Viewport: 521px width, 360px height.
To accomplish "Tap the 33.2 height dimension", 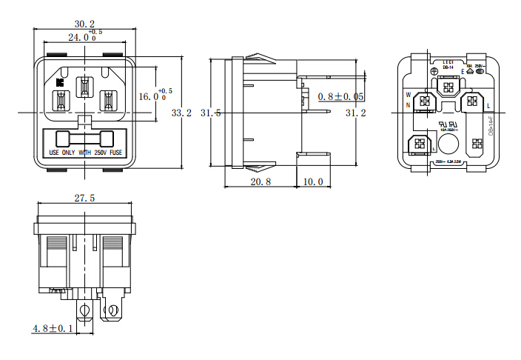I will pos(181,113).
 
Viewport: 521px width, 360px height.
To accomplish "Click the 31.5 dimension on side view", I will pos(211,113).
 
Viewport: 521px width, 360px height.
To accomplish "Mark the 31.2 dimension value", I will pos(356,113).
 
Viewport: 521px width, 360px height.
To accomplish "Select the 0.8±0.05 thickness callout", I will pos(340,97).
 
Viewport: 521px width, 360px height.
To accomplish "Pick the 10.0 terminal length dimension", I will pos(314,181).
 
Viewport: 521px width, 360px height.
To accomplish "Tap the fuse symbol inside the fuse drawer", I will pos(86,138).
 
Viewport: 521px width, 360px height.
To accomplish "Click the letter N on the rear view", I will pos(408,105).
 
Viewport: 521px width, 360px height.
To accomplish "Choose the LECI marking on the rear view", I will pos(448,62).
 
